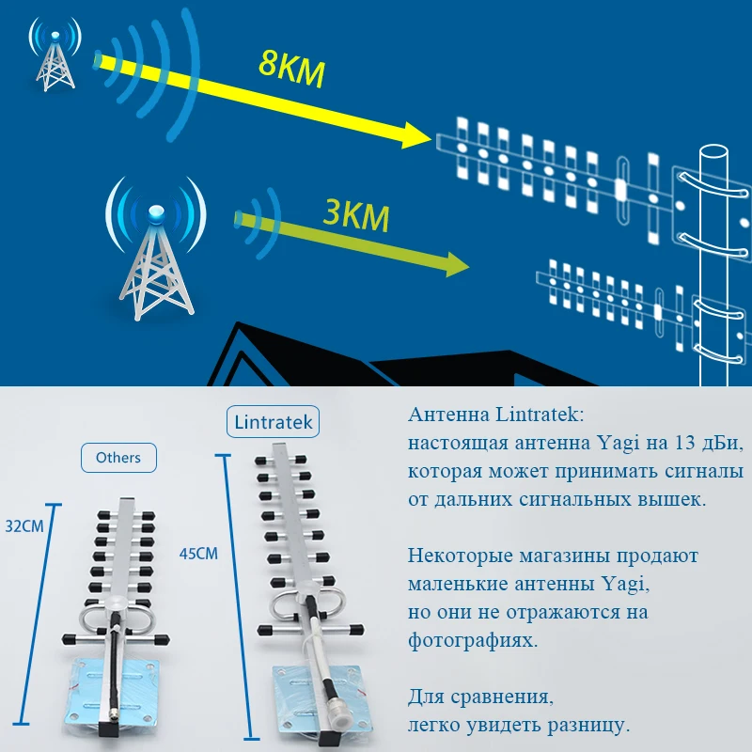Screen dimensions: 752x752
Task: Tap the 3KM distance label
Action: coord(354,214)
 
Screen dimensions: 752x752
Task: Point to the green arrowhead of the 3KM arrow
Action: coord(455,264)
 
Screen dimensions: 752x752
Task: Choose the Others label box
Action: coord(118,458)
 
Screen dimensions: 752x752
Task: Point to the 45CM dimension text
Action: coord(198,553)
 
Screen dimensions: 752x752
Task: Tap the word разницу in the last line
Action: coord(587,725)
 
